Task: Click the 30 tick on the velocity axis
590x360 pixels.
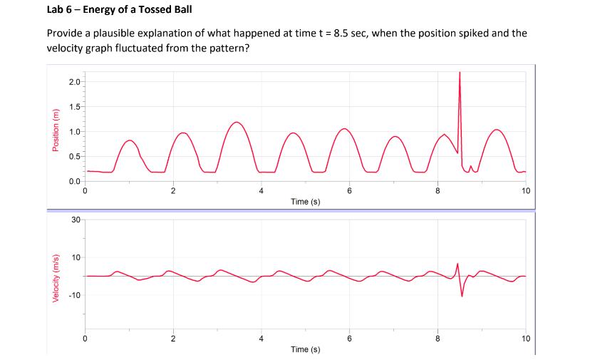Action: [x=76, y=220]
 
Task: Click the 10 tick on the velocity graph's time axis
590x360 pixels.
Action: [x=525, y=339]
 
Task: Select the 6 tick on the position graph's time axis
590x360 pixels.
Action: [x=349, y=190]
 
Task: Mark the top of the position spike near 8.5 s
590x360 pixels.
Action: [x=460, y=73]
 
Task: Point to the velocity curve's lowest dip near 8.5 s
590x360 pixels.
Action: [x=462, y=296]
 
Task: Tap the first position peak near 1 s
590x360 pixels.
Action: [x=129, y=140]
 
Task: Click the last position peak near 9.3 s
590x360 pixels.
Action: [x=497, y=130]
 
